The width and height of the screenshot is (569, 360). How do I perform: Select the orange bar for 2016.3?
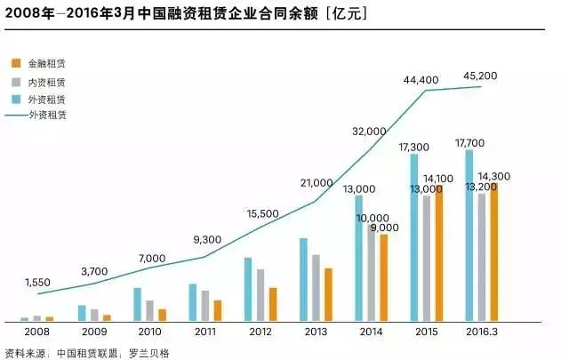(493, 252)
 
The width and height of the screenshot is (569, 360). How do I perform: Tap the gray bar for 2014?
(372, 272)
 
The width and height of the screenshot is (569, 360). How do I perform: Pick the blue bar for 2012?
(249, 289)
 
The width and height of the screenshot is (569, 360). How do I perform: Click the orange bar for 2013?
(328, 294)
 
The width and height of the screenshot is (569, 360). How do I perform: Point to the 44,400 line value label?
(421, 80)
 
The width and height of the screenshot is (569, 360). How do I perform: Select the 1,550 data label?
(37, 282)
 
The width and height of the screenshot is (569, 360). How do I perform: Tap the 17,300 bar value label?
(414, 145)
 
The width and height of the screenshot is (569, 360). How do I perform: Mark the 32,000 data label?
(368, 131)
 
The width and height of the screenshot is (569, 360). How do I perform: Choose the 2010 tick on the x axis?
(149, 332)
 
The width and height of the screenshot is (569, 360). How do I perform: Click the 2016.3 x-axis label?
(482, 332)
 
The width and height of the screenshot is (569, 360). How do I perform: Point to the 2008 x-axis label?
(37, 332)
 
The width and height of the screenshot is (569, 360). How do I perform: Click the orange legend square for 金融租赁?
(15, 64)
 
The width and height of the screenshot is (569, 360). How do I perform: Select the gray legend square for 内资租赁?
(15, 82)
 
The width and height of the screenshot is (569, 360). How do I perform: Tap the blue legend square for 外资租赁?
(15, 99)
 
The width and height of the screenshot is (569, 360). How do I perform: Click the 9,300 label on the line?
(206, 240)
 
